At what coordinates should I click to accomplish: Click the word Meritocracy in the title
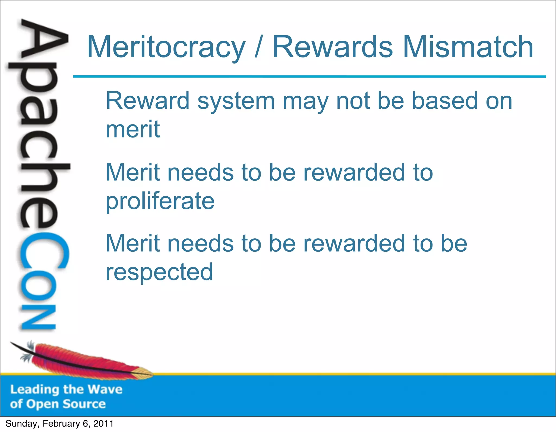(x=166, y=47)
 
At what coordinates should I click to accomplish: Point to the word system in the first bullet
(x=236, y=101)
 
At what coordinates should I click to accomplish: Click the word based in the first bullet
(x=445, y=101)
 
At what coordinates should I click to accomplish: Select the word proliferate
(x=160, y=201)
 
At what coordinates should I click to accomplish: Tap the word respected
(x=159, y=272)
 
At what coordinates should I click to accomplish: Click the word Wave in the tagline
(x=105, y=389)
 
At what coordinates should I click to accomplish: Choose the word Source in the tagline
(x=84, y=404)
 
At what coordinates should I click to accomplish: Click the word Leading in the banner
(x=35, y=390)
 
